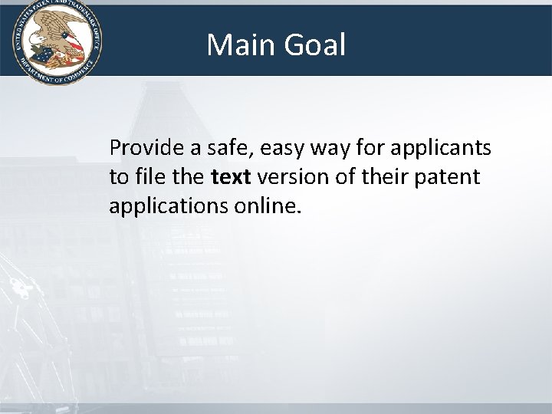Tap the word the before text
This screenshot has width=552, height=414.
tap(187, 177)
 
